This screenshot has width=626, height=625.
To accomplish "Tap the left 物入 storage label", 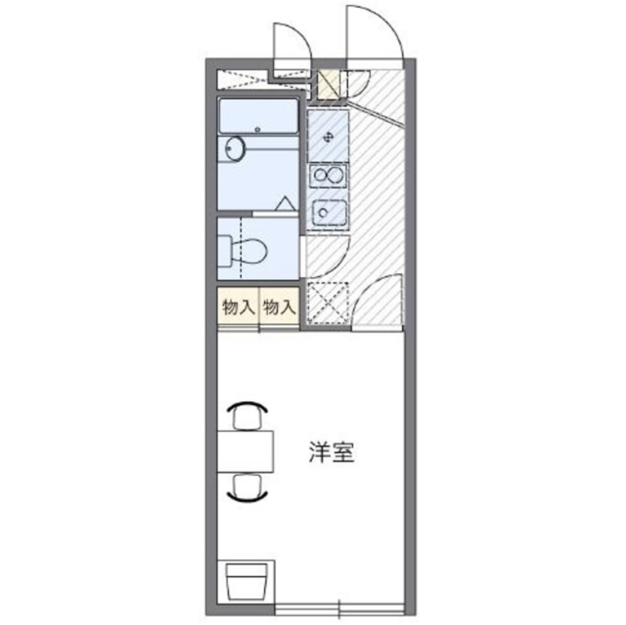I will tap(238, 307).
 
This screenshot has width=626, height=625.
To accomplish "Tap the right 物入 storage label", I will tap(278, 307).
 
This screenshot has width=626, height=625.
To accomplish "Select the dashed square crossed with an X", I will tap(327, 304).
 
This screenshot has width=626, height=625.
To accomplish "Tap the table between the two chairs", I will tap(246, 451).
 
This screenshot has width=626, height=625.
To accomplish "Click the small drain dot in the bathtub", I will tap(258, 130).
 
